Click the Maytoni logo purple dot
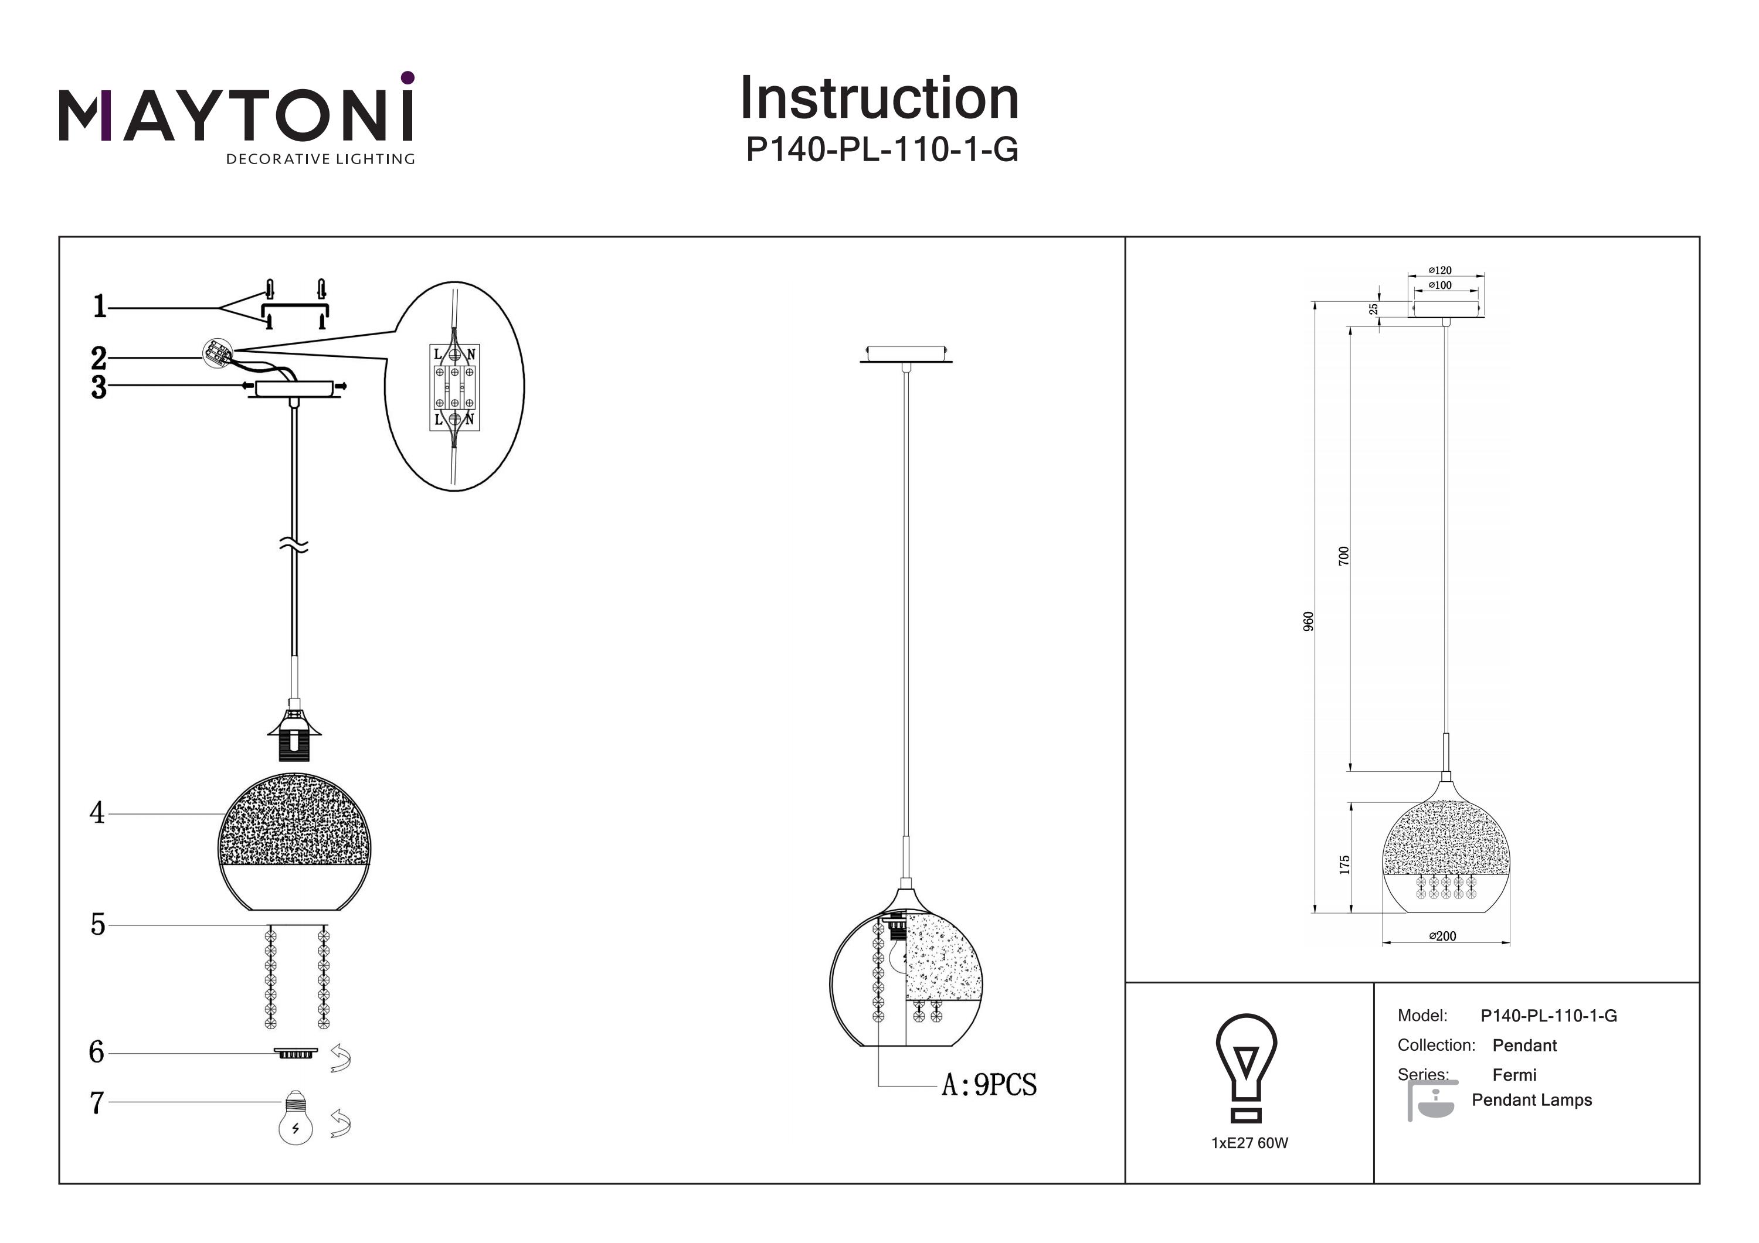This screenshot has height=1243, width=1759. (x=408, y=77)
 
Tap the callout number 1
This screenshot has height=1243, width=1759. (x=100, y=307)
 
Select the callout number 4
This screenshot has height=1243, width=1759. (x=97, y=813)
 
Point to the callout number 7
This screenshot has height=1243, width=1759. (x=97, y=1103)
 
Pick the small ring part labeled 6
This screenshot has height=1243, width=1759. (x=296, y=1054)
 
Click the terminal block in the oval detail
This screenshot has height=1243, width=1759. (x=454, y=387)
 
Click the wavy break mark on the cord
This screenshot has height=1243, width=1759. (x=295, y=545)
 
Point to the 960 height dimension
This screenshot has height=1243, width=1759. (x=1309, y=621)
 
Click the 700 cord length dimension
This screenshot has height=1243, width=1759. (x=1343, y=556)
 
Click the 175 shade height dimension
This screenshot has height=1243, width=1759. (x=1344, y=864)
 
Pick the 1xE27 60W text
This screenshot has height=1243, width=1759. (x=1249, y=1143)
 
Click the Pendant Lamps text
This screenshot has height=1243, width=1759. (x=1532, y=1100)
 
